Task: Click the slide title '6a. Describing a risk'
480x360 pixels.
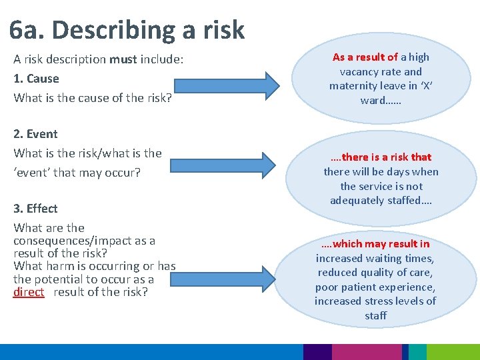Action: tap(127, 30)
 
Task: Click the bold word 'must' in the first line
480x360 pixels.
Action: tap(123, 59)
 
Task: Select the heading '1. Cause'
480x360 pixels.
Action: tap(36, 79)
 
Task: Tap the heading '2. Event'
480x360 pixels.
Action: tap(35, 134)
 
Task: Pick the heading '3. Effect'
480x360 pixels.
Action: tap(35, 209)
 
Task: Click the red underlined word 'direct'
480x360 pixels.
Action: tap(29, 292)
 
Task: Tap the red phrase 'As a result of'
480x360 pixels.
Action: tap(365, 57)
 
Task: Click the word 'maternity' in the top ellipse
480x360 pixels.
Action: tap(352, 86)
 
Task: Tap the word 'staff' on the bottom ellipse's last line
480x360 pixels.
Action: tap(375, 315)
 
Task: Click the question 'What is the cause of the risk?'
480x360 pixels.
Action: tap(92, 98)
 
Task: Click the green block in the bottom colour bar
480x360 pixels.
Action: tap(453, 352)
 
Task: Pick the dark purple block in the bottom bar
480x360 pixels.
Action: tap(317, 352)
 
